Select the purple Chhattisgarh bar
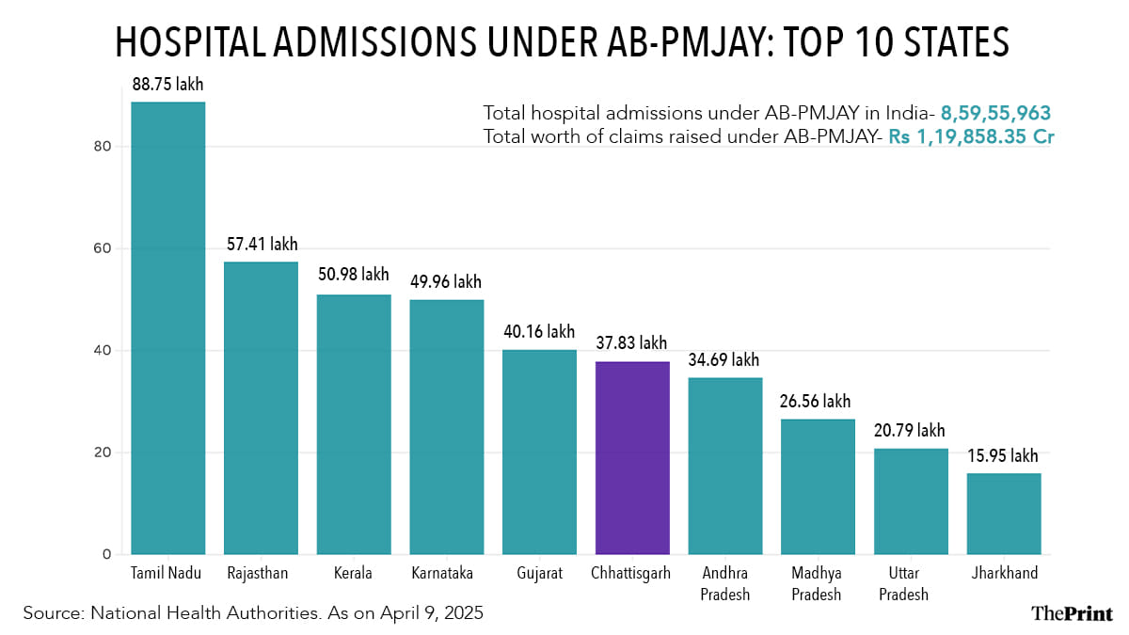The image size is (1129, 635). click(632, 457)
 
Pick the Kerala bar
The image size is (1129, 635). click(354, 424)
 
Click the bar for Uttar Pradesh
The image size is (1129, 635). click(911, 501)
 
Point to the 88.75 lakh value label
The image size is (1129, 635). click(167, 85)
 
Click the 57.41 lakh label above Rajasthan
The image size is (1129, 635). click(262, 245)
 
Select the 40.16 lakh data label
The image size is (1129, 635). click(539, 332)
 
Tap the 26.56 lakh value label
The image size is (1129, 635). click(817, 402)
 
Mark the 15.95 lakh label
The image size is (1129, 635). click(1003, 456)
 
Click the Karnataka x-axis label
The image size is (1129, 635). click(447, 573)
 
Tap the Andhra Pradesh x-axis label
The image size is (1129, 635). click(724, 583)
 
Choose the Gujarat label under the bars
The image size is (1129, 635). click(539, 573)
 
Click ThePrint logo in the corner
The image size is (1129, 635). click(1071, 613)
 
